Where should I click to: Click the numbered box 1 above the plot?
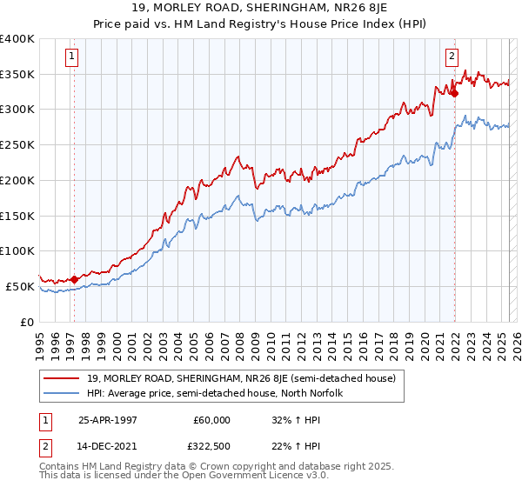[71, 58]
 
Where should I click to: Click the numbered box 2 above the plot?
[452, 58]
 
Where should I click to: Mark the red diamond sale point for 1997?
[74, 279]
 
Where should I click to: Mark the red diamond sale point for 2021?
[454, 93]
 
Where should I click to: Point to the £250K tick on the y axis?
[18, 144]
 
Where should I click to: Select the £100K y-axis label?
[18, 250]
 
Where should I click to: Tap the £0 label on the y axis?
[27, 322]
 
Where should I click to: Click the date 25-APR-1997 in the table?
[109, 420]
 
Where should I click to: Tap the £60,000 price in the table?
[211, 420]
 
